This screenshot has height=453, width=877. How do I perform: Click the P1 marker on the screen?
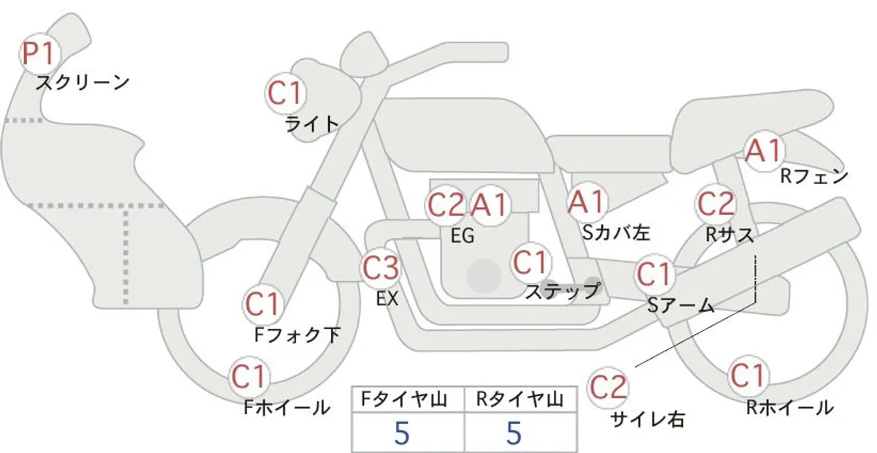tap(40, 54)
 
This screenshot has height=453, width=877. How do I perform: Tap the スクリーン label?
tap(83, 83)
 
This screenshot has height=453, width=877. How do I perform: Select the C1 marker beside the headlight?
tap(285, 94)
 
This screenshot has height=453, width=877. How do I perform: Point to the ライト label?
tap(312, 124)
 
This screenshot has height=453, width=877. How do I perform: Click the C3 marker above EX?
tap(381, 268)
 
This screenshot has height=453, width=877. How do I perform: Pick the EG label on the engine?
tap(463, 236)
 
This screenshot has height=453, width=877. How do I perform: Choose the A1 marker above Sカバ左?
tap(586, 202)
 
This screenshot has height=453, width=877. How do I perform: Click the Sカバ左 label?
tap(616, 233)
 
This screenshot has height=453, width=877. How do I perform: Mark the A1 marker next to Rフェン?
tap(764, 151)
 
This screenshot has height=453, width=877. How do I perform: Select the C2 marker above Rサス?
tap(715, 204)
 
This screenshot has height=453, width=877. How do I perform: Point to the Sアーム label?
tap(681, 305)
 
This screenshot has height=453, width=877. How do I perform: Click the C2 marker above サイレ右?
tap(607, 387)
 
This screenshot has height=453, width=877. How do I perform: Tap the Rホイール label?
tap(790, 408)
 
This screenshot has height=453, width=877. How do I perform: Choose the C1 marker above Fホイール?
tap(250, 377)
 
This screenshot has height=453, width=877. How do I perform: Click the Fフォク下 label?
tap(297, 335)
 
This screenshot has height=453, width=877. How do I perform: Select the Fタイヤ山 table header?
tap(404, 400)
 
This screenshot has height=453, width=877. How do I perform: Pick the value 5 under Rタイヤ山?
tap(514, 433)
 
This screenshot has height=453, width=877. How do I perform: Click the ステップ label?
tap(562, 292)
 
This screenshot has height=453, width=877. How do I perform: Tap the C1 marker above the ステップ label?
tap(531, 262)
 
